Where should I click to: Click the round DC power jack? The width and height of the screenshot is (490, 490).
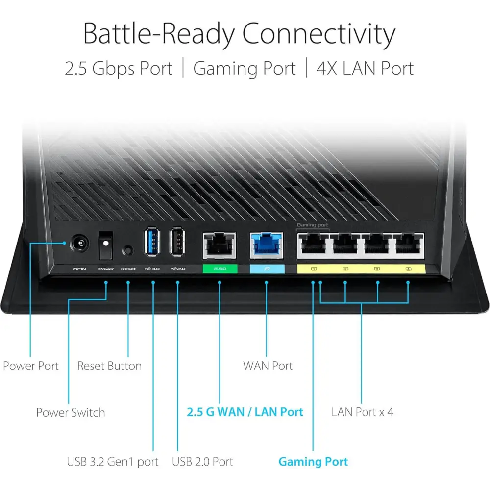coord(79,244)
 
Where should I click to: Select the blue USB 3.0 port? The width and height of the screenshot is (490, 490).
coord(152,242)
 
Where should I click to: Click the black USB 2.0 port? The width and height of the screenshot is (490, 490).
coord(177,242)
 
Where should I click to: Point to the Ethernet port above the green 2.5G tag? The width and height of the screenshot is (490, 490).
coord(219,245)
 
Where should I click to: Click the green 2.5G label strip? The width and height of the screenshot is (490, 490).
coord(220,269)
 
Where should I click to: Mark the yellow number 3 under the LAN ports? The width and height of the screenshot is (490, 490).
coord(377,269)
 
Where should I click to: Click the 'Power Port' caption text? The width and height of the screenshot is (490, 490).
coord(31,366)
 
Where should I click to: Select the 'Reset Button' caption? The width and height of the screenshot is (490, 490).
coord(109,366)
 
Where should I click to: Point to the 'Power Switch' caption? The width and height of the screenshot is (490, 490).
coord(71,412)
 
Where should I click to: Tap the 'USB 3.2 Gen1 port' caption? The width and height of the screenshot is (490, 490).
coord(113,462)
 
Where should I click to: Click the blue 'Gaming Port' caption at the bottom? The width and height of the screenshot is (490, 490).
coord(313,462)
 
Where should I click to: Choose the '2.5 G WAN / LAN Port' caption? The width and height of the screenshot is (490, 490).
coord(245,412)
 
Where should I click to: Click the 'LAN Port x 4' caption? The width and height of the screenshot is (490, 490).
coord(362,412)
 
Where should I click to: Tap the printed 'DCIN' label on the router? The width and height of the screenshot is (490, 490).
coord(79,269)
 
